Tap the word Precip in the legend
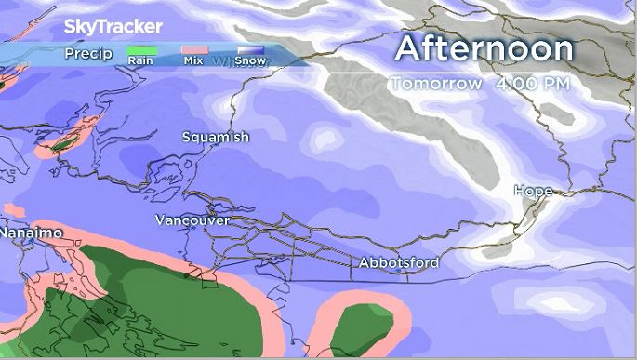tap(88, 54)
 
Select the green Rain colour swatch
tap(140, 52)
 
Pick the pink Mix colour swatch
tap(193, 52)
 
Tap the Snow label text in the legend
tap(248, 62)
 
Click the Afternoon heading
tap(483, 47)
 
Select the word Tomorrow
tap(436, 84)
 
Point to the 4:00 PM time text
tap(533, 84)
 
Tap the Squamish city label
tap(216, 137)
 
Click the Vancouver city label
tap(192, 220)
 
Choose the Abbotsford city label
tap(399, 263)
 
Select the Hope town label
tap(534, 191)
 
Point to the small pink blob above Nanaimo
tap(13, 211)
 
